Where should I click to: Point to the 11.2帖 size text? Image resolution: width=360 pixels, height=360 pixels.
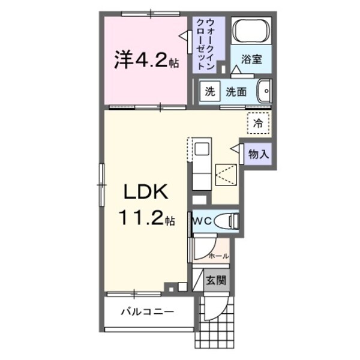(150, 220)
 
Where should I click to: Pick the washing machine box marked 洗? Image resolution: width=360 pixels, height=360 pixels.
(209, 92)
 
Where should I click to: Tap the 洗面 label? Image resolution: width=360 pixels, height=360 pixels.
(236, 92)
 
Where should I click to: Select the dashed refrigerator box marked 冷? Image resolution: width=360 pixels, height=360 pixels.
(258, 124)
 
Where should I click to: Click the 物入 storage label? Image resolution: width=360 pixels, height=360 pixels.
(258, 153)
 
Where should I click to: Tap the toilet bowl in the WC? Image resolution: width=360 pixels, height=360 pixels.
(227, 221)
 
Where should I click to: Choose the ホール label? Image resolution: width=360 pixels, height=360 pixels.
(217, 256)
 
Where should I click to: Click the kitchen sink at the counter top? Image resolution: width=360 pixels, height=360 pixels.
(200, 149)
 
